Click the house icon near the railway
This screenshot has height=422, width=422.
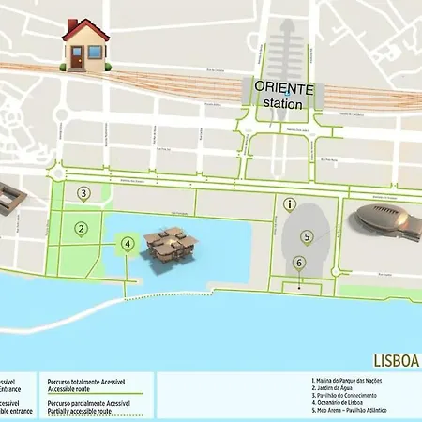tap(85, 45)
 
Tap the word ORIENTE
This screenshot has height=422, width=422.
tap(283, 87)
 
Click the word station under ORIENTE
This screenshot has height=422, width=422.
tap(283, 103)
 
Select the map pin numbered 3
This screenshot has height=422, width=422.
tap(83, 195)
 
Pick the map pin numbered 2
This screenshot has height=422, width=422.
tap(82, 228)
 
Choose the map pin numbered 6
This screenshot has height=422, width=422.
tap(299, 264)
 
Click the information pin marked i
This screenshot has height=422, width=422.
tap(291, 203)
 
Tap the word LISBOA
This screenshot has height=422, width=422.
tap(396, 360)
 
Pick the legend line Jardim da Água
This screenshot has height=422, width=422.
tap(333, 388)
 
